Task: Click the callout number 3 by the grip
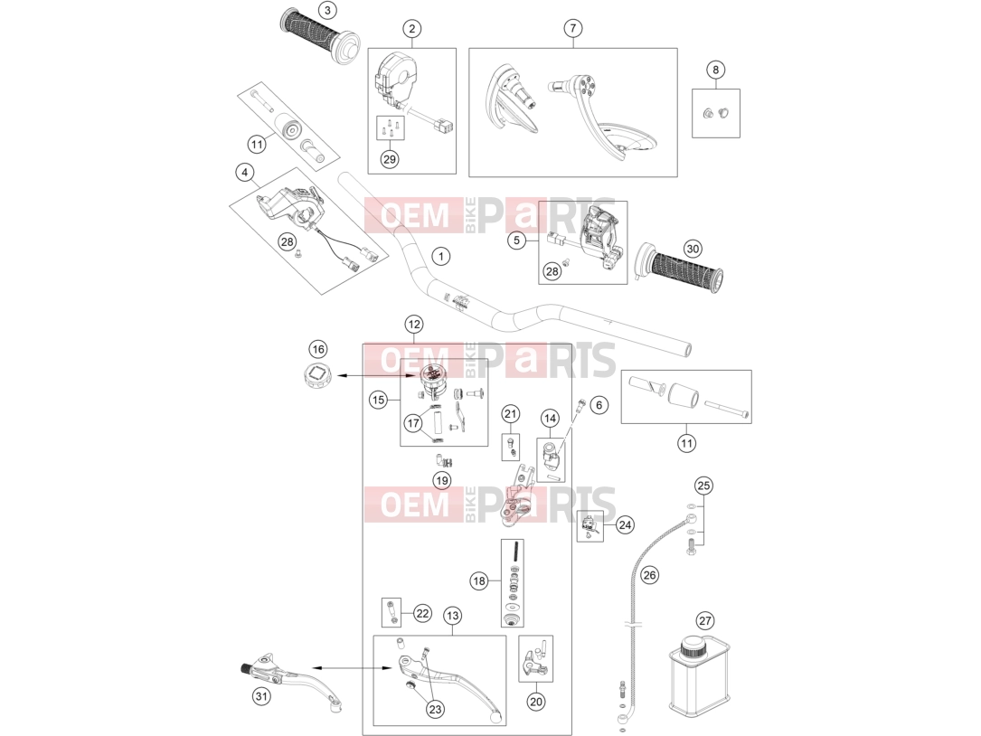326,10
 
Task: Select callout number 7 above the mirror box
572,28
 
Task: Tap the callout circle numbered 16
318,349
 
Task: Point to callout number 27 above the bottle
705,621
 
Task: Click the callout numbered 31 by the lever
261,696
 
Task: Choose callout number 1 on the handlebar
441,256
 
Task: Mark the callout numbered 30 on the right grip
692,249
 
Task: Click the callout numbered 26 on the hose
650,575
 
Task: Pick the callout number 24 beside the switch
625,524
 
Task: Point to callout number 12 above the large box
413,325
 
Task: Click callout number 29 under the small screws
389,159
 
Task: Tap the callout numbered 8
716,70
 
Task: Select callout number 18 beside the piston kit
479,580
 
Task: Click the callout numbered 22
422,613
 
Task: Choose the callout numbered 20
535,702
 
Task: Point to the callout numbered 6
599,405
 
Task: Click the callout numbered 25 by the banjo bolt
703,486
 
